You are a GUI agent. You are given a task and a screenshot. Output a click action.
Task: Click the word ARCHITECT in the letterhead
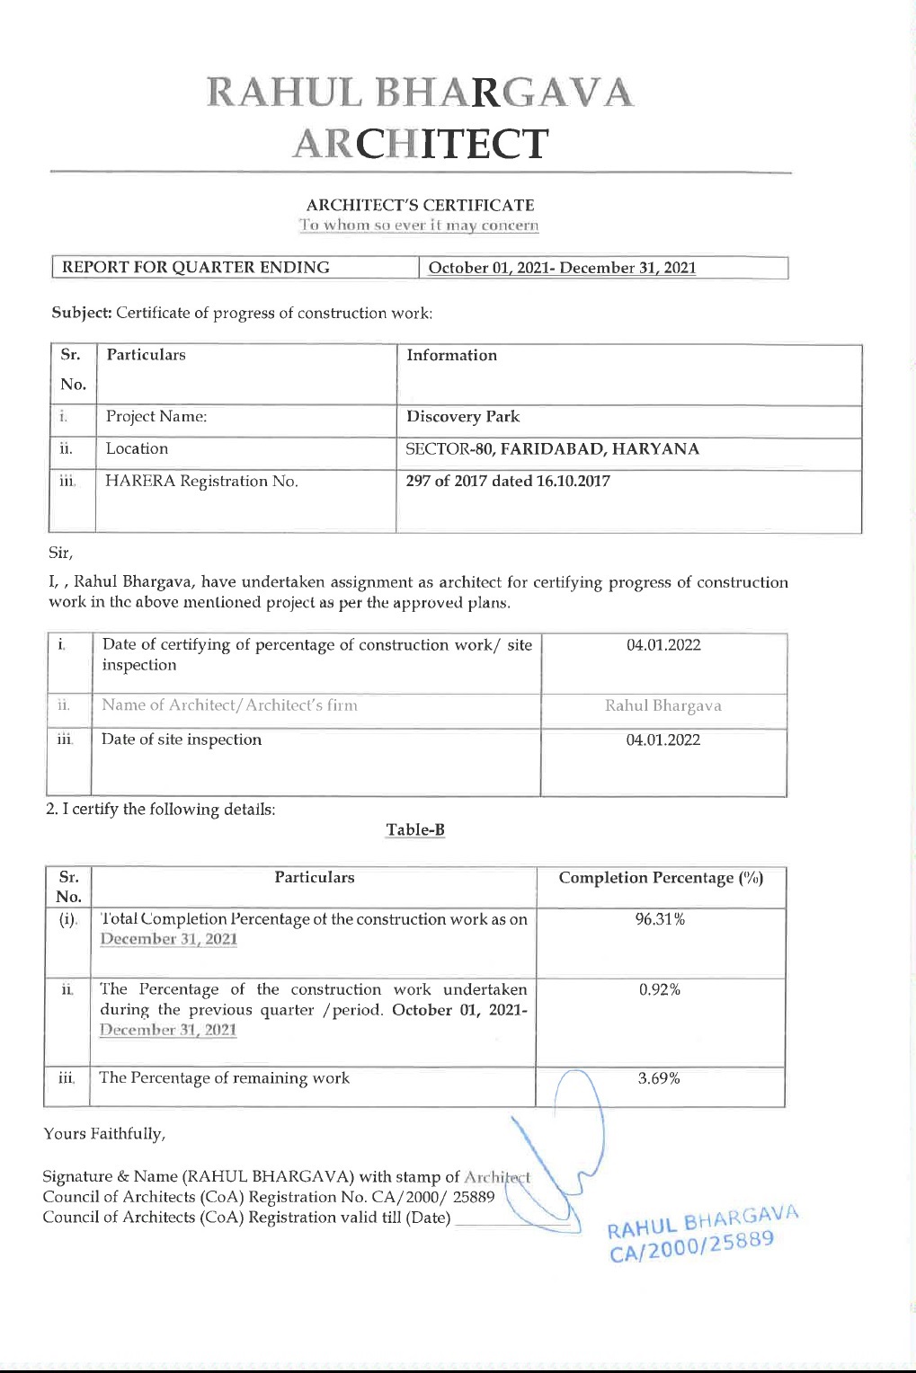tap(420, 144)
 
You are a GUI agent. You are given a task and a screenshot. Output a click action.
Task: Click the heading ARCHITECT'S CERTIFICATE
tap(420, 205)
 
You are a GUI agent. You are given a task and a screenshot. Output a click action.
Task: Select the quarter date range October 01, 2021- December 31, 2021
tap(562, 268)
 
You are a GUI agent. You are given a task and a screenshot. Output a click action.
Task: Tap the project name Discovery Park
tap(463, 417)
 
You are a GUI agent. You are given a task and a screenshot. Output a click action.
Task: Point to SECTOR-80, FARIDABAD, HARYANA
tap(552, 449)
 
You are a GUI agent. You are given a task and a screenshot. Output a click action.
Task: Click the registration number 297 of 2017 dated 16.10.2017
tap(508, 481)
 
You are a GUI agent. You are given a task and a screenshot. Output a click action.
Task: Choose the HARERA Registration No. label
tap(201, 482)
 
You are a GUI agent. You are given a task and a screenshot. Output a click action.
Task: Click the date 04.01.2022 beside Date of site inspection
tap(663, 740)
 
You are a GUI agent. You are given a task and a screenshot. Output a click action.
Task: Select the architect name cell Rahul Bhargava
tap(663, 706)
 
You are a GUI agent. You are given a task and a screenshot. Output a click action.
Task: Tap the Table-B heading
tap(415, 829)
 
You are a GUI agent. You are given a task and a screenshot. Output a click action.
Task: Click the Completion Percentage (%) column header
tap(661, 878)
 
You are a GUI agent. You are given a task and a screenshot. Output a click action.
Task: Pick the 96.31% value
tap(660, 919)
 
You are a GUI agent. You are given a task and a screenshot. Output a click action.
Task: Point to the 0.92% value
tap(660, 990)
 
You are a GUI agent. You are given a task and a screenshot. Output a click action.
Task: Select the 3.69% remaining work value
tap(659, 1078)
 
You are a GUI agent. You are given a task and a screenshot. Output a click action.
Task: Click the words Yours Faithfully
tap(104, 1134)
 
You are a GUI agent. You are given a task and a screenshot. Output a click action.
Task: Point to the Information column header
tap(451, 356)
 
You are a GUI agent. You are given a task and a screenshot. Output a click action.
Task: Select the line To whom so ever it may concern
tap(420, 226)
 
